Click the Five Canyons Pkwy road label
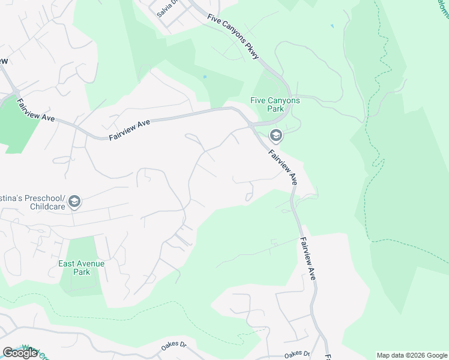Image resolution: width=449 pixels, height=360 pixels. click(x=234, y=36)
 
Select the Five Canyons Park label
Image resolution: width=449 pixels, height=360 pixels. click(x=275, y=105)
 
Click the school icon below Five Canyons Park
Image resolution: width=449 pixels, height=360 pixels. click(x=276, y=136)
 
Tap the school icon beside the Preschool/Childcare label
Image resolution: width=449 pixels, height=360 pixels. click(x=74, y=202)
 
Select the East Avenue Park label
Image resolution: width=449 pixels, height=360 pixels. click(x=81, y=268)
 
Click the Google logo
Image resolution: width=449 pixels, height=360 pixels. click(x=20, y=353)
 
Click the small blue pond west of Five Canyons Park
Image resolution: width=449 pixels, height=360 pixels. click(x=205, y=77)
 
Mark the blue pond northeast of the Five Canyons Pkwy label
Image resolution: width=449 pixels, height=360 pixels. click(x=332, y=26)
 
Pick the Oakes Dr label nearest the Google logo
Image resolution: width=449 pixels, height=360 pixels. click(x=174, y=346)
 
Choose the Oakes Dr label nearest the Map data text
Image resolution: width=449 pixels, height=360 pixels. click(x=297, y=354)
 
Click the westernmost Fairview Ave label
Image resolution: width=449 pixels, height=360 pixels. click(x=36, y=110)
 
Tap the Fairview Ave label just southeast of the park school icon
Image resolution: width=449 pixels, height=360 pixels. click(x=283, y=166)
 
